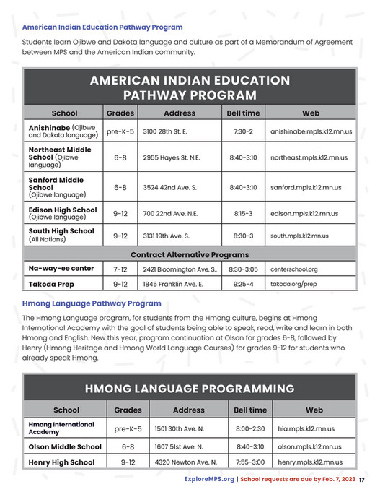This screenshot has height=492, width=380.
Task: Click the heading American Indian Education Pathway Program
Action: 102,27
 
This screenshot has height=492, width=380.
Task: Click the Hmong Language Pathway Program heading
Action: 92,303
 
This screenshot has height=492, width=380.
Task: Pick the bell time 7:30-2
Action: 243,132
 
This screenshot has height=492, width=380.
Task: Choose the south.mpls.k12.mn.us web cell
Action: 299,236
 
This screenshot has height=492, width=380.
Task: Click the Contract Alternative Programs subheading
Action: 190,255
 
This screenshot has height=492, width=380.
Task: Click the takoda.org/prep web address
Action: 293,285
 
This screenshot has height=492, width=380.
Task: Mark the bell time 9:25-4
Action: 243,285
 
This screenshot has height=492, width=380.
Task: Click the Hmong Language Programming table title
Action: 190,389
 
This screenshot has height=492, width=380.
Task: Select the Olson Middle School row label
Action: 64,446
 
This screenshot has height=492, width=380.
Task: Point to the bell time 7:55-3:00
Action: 250,462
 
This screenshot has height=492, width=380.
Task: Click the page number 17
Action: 363,480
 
